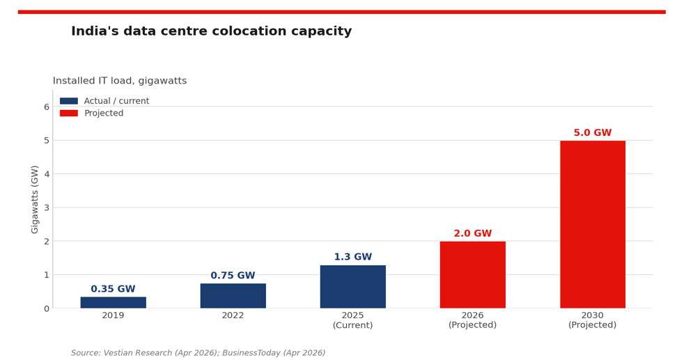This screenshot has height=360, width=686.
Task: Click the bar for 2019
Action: (114, 302)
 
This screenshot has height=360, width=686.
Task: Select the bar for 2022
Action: (233, 296)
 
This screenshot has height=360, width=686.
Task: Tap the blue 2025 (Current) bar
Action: (353, 286)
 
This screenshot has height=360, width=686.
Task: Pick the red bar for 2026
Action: (473, 275)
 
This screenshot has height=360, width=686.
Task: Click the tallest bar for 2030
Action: (593, 224)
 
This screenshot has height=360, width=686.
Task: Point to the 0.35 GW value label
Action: (114, 289)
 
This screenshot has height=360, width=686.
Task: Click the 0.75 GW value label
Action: (233, 275)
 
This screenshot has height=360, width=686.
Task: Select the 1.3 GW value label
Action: (353, 257)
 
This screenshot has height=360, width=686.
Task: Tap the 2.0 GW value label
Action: (473, 233)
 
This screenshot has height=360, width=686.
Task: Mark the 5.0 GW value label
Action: (593, 132)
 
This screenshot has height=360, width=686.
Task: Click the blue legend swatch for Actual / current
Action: (69, 101)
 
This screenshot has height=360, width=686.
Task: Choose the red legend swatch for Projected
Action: (69, 114)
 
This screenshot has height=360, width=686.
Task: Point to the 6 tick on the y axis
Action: (47, 107)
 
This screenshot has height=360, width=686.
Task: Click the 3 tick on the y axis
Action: (47, 208)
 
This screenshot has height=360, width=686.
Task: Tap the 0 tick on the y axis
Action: (47, 309)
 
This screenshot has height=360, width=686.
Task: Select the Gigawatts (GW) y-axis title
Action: (35, 199)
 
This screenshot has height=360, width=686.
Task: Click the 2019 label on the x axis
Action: (114, 315)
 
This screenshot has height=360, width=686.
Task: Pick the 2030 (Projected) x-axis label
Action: (593, 320)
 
